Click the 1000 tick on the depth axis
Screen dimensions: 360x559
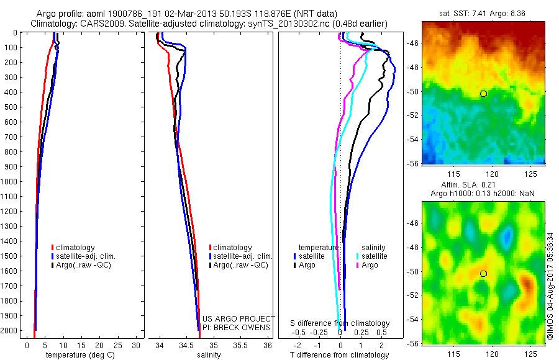[12, 182]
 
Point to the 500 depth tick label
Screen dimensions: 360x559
[12, 107]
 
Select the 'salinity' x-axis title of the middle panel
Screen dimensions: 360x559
[209, 355]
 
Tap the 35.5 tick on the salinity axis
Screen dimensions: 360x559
[240, 345]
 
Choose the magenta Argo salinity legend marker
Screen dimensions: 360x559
[358, 265]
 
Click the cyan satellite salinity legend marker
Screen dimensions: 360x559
[358, 256]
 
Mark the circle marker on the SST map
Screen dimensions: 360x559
[483, 94]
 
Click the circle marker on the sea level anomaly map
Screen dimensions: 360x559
[483, 273]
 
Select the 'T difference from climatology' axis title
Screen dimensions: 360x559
[340, 355]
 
